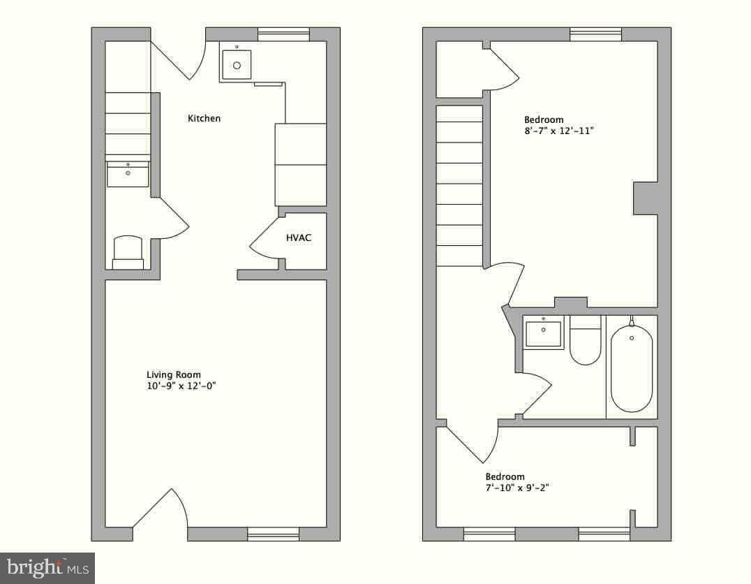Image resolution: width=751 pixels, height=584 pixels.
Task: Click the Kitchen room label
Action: tap(204, 118)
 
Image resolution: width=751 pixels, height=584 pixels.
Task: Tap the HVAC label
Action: tap(299, 238)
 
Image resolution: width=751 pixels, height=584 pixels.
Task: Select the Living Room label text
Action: tap(173, 374)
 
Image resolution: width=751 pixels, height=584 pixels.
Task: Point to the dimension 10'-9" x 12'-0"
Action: tap(181, 386)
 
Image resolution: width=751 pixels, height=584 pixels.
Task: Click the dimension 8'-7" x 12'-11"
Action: tap(559, 131)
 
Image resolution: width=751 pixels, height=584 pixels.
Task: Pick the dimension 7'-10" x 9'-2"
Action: tap(516, 488)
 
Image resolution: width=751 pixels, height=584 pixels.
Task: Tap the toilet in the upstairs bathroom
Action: tap(586, 340)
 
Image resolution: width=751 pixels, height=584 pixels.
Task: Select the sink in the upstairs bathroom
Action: tap(543, 333)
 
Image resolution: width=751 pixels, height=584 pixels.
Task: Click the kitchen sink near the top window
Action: tap(237, 65)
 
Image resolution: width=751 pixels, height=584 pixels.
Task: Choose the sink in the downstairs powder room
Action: tap(128, 174)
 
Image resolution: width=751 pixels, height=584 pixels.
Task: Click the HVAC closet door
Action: tap(265, 240)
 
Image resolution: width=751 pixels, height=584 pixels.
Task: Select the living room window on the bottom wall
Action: tap(273, 534)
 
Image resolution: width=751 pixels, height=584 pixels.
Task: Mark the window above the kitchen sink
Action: tap(283, 34)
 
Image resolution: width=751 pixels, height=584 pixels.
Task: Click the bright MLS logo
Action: tap(47, 568)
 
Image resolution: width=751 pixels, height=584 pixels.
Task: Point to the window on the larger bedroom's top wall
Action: tap(596, 34)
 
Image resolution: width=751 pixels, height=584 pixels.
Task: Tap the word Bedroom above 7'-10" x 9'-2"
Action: tap(505, 476)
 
